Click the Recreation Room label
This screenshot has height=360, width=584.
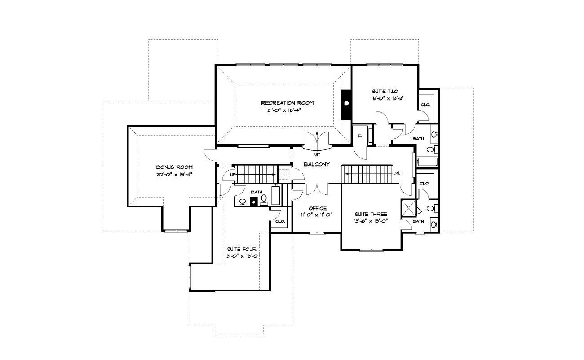(x=288, y=103)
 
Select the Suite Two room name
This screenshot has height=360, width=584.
(x=385, y=92)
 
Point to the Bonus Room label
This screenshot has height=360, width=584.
(x=174, y=167)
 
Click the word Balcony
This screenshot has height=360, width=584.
(x=317, y=164)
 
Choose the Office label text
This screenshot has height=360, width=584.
(x=318, y=208)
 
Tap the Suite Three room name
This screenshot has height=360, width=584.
(x=371, y=214)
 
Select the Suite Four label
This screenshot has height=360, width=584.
(x=242, y=249)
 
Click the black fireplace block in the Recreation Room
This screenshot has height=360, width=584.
(x=346, y=105)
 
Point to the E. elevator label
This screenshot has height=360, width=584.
(x=360, y=136)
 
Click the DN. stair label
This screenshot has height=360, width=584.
(x=397, y=173)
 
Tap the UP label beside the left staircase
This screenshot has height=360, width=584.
(x=233, y=175)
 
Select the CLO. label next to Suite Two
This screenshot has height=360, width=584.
(x=425, y=105)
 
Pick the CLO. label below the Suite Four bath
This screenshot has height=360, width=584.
(x=280, y=221)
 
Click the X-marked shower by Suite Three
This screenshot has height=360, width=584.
(x=408, y=208)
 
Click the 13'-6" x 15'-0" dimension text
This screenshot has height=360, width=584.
(x=371, y=221)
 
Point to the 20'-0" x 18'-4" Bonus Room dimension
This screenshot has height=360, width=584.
(x=174, y=175)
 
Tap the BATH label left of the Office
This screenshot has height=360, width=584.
(x=257, y=192)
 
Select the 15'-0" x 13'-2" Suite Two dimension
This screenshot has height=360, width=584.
(x=387, y=98)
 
